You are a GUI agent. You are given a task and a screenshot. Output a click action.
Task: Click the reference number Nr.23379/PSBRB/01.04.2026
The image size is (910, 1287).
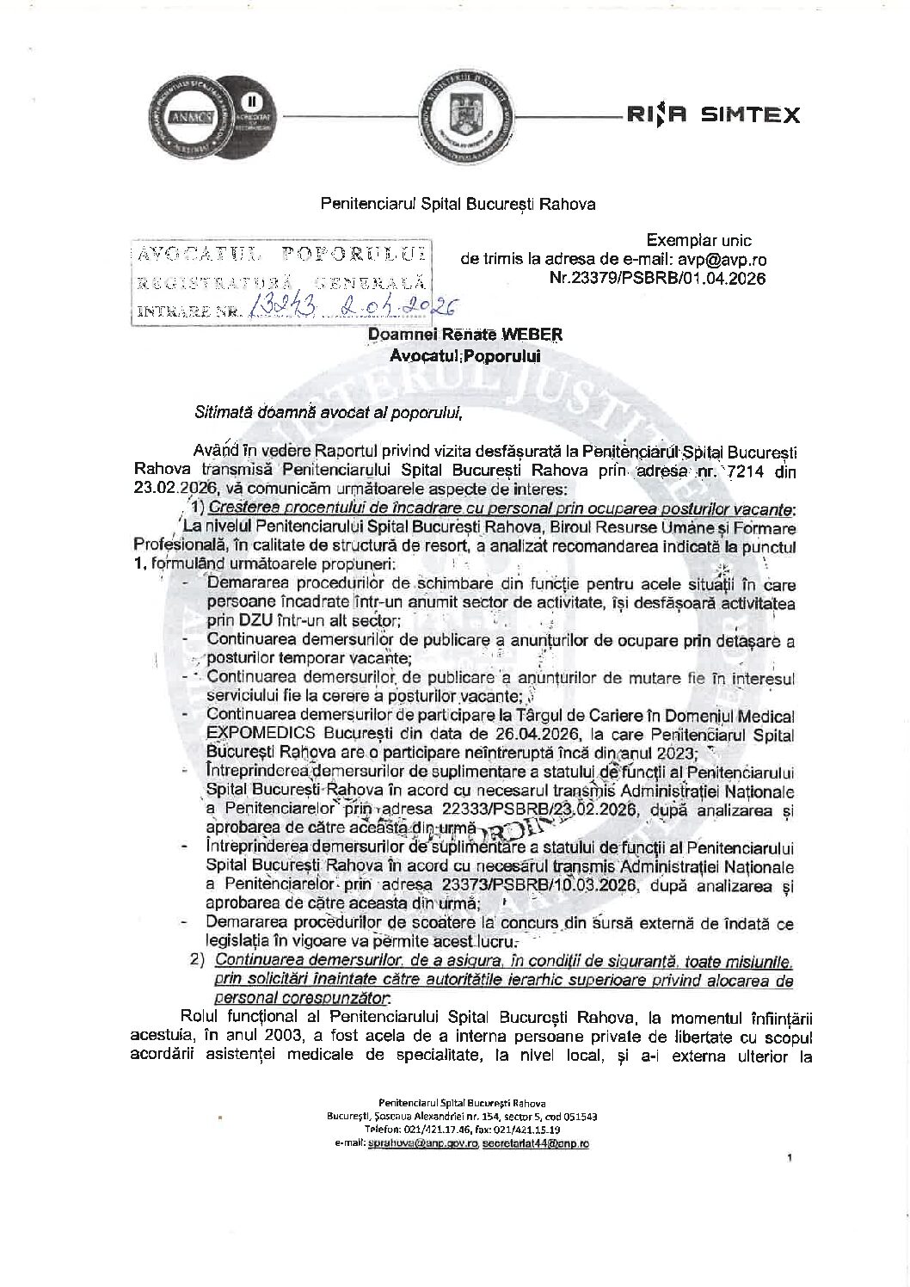657,278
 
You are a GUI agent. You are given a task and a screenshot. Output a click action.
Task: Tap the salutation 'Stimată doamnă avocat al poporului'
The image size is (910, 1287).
329,410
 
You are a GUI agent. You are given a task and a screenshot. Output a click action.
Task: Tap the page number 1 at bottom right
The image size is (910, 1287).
789,1159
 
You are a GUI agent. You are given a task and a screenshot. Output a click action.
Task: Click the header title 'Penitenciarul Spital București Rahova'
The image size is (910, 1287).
458,205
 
